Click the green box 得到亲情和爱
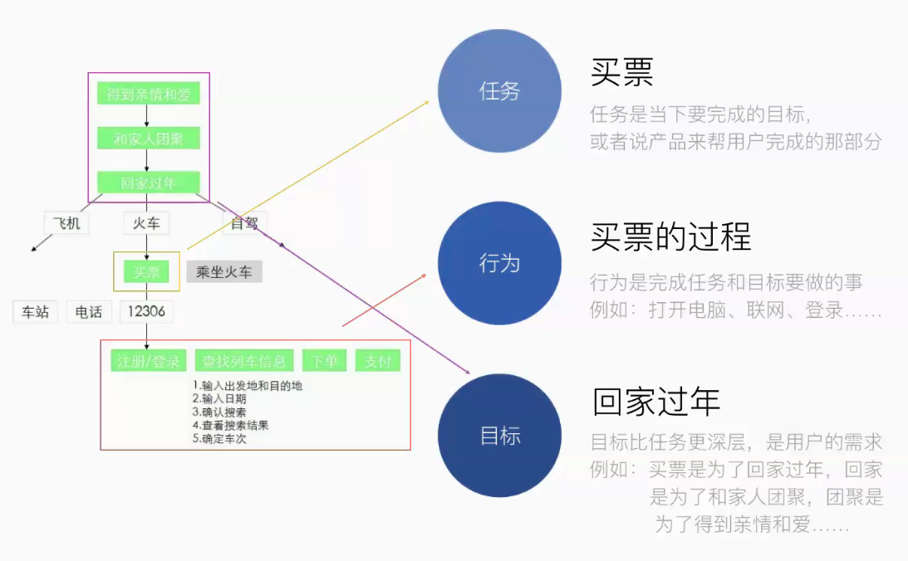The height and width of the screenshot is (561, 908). [x=149, y=94]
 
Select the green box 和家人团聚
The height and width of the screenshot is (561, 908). [x=149, y=139]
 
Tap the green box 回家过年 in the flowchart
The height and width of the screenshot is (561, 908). [x=149, y=183]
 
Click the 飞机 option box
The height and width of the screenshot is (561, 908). [x=66, y=223]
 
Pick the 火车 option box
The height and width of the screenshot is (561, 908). [x=146, y=223]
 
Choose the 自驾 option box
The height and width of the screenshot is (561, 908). [x=244, y=223]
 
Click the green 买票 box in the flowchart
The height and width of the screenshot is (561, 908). [x=146, y=271]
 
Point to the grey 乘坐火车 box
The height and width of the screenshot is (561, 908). [x=224, y=271]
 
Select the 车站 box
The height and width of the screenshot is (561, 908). [x=36, y=312]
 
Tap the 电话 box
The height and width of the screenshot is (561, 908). [x=89, y=312]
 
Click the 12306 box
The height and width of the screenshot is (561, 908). [x=146, y=312]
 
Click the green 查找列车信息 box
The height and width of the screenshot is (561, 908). [x=244, y=361]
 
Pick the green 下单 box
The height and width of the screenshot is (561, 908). [x=325, y=361]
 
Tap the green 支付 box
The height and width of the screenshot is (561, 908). [x=378, y=361]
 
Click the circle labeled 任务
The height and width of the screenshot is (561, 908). [x=499, y=91]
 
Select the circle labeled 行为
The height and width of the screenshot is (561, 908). [x=499, y=263]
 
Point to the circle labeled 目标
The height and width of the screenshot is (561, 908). [x=499, y=436]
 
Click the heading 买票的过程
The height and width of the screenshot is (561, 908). [x=670, y=238]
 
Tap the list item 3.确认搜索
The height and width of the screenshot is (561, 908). [x=219, y=412]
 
